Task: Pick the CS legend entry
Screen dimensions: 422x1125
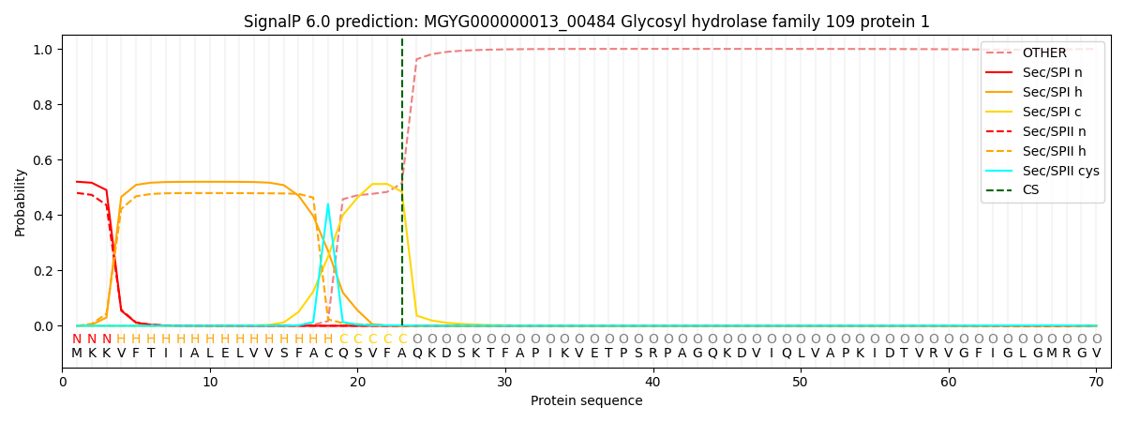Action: click(x=1031, y=190)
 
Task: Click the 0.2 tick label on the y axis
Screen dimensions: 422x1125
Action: click(x=43, y=271)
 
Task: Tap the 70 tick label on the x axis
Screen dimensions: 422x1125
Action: click(x=1096, y=383)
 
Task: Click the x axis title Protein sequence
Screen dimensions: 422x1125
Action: click(x=586, y=401)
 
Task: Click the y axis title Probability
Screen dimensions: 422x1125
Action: click(x=21, y=203)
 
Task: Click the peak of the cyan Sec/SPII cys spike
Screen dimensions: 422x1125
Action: click(x=327, y=204)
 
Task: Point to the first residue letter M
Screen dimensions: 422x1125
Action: click(x=77, y=354)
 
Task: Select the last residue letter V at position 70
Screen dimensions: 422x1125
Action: click(x=1096, y=354)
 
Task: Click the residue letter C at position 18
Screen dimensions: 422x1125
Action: click(x=327, y=354)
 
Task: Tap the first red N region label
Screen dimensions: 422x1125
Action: click(x=77, y=339)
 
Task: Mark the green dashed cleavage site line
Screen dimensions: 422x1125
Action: click(x=402, y=188)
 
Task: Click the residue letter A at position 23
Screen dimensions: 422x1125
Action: click(x=402, y=354)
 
